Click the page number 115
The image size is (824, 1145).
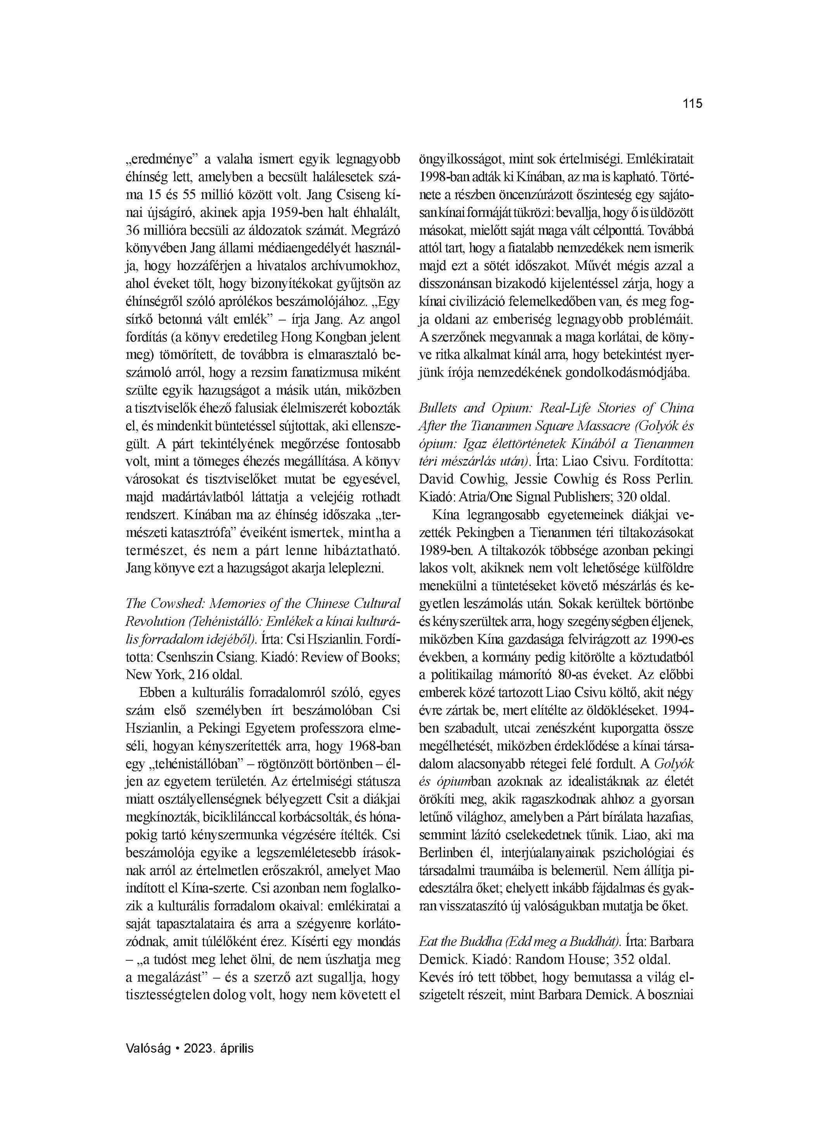692,104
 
